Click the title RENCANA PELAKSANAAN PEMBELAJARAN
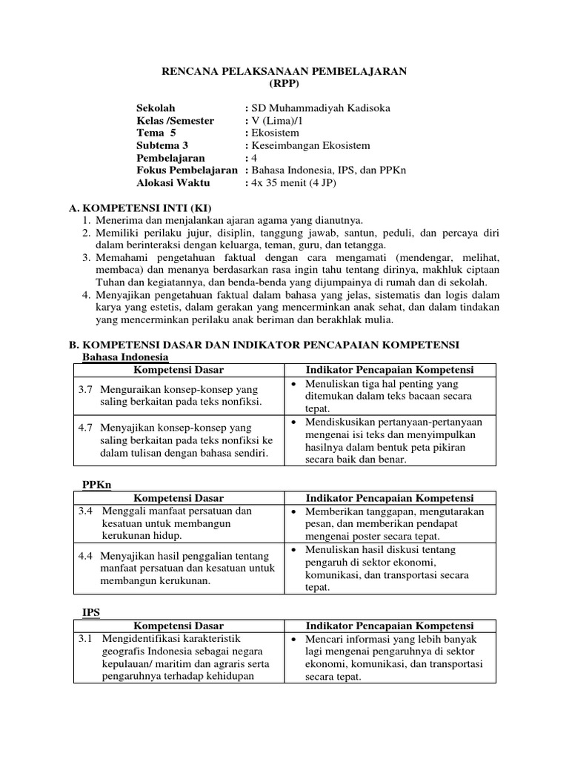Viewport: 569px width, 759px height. coord(284,71)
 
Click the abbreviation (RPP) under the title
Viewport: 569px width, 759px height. coord(284,83)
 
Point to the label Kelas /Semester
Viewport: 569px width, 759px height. coord(176,121)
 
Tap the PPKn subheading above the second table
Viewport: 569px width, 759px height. coord(96,485)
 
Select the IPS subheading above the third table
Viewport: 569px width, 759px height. coord(90,612)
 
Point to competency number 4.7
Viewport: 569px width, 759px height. coord(86,428)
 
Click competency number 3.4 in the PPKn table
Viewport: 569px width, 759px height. coord(86,511)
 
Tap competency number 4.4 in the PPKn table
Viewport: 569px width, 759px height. coord(86,555)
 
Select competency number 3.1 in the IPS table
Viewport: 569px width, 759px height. coord(86,638)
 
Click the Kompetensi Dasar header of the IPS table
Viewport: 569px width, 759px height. coord(179,626)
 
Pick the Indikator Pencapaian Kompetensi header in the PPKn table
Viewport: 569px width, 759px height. coord(390,498)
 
